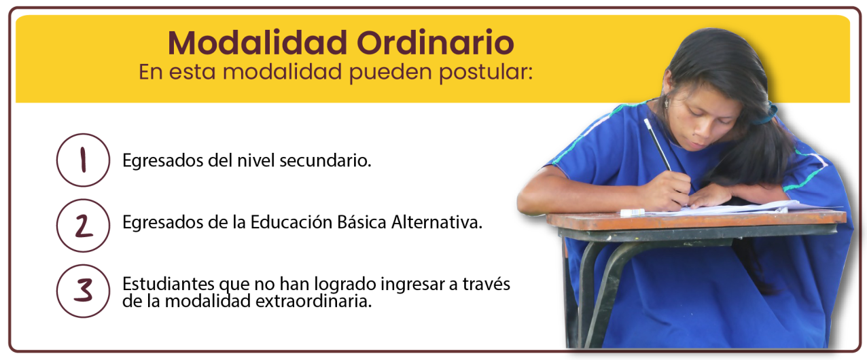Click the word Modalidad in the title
click(258, 43)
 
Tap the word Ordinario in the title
click(436, 43)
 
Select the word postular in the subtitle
click(486, 73)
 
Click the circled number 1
click(83, 160)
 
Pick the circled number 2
click(83, 226)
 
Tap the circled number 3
click(83, 291)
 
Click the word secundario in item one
click(325, 161)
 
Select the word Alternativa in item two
click(437, 222)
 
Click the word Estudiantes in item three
click(169, 284)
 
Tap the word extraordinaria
click(314, 301)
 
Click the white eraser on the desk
click(633, 212)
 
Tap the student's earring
click(667, 103)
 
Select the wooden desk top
click(695, 221)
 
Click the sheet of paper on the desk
click(728, 209)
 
